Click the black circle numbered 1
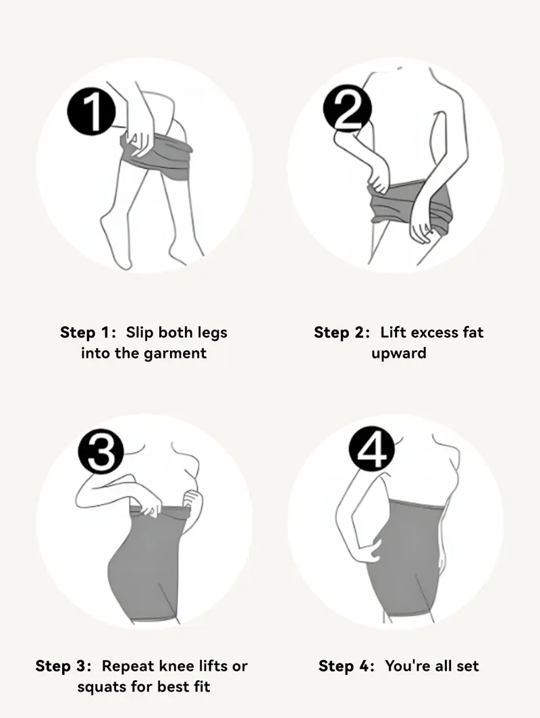coord(92,111)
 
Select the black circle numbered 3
coord(101,452)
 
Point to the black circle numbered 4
coord(371,450)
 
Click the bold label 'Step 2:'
coord(342,332)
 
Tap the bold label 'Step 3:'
coord(63,666)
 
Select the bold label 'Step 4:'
coord(346,666)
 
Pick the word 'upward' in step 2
coord(398,354)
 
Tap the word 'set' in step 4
coord(466,666)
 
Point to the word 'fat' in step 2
coord(472,332)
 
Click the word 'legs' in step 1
coord(211,333)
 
